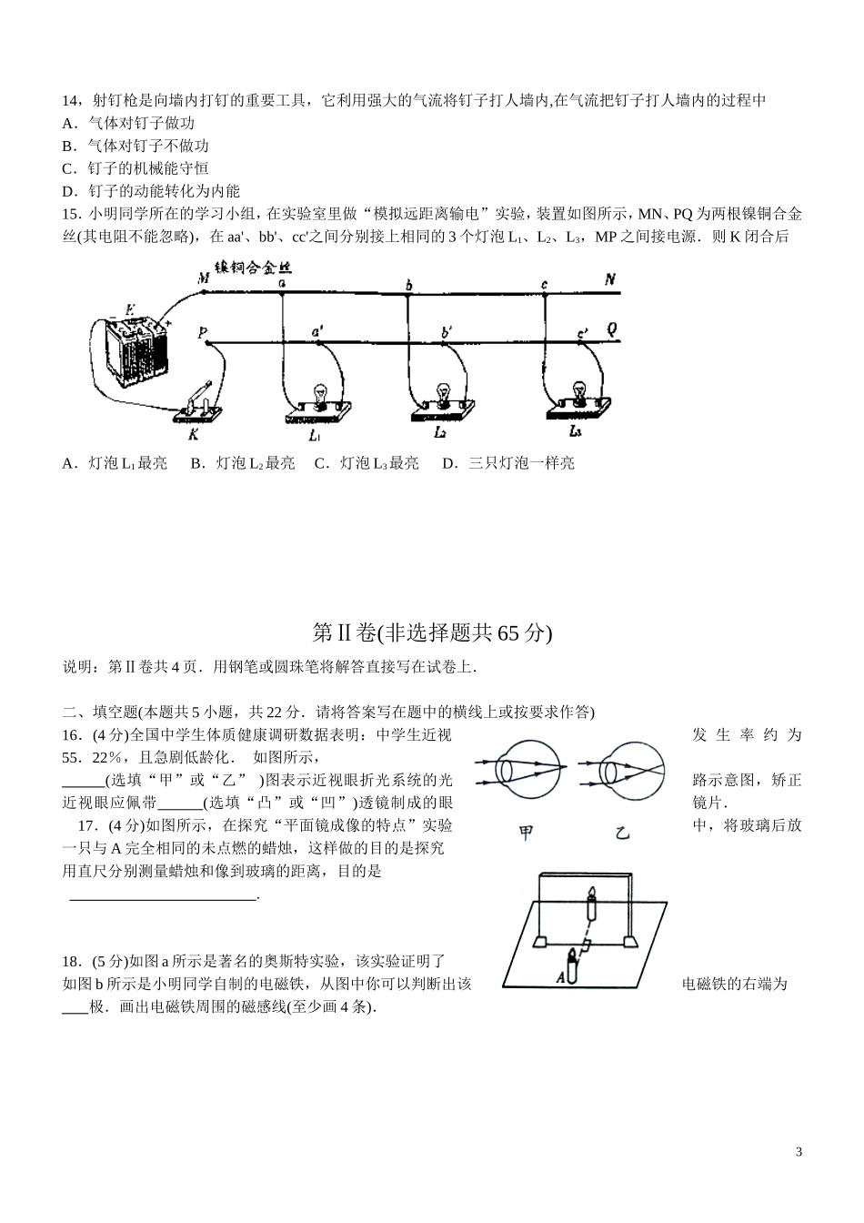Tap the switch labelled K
click(199, 405)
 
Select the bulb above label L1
click(320, 394)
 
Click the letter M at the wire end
click(204, 278)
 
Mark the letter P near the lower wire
click(202, 334)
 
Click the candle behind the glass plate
click(591, 905)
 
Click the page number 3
click(799, 1152)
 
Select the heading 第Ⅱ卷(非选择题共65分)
click(432, 632)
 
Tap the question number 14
click(69, 100)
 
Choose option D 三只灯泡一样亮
click(508, 463)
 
